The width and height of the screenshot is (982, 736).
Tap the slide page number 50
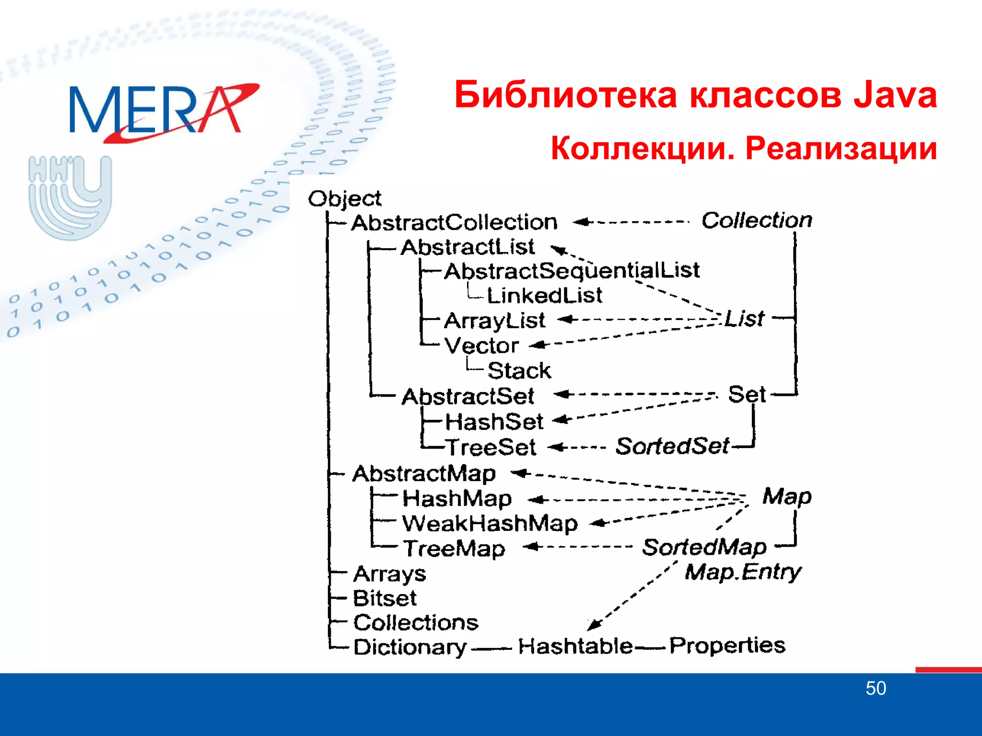click(x=876, y=689)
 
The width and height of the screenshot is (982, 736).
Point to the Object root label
click(x=344, y=198)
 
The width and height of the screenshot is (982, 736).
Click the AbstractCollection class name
click(x=454, y=222)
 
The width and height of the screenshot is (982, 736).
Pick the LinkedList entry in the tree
click(x=544, y=295)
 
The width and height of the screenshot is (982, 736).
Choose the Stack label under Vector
click(x=519, y=370)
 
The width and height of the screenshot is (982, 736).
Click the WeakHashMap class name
click(x=490, y=523)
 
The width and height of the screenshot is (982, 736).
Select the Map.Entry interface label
click(x=742, y=572)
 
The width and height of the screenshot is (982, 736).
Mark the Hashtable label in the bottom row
click(x=575, y=646)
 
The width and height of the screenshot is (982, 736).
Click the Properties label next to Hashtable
click(x=727, y=645)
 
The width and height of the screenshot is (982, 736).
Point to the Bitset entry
click(x=385, y=598)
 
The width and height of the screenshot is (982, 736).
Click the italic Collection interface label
click(x=757, y=220)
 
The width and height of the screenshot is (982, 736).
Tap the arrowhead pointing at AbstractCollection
click(x=580, y=222)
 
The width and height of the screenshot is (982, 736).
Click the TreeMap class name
click(x=454, y=548)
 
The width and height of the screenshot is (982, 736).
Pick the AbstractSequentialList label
click(x=572, y=271)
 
